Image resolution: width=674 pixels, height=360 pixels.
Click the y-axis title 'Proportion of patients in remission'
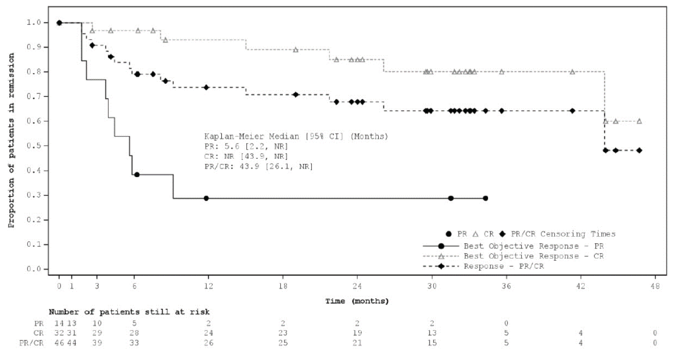click(x=11, y=140)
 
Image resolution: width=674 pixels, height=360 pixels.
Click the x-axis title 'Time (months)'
click(x=357, y=301)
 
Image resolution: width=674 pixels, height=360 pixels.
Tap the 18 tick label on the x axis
click(x=283, y=286)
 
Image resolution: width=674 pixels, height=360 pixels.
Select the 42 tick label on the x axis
click(x=581, y=286)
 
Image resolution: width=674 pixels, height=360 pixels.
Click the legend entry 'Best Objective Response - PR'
click(x=533, y=246)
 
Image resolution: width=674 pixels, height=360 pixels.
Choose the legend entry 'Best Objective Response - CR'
click(x=533, y=256)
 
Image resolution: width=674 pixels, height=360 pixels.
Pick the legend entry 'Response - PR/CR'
click(x=504, y=266)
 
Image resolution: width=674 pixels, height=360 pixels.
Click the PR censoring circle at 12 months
click(x=206, y=198)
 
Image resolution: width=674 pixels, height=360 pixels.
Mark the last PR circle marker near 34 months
click(x=485, y=198)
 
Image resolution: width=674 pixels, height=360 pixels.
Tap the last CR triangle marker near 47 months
click(x=639, y=121)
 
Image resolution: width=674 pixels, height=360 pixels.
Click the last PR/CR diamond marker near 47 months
click(x=639, y=150)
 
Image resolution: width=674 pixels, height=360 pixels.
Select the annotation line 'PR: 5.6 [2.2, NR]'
click(x=245, y=146)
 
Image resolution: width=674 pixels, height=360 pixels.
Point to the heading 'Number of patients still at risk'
click(x=129, y=312)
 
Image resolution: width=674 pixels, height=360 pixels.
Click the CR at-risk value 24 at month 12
click(x=208, y=333)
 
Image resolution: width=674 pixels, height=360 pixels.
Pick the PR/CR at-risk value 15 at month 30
click(x=432, y=343)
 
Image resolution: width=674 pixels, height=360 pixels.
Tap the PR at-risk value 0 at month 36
click(x=506, y=323)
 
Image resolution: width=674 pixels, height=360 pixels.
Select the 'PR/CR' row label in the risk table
click(x=32, y=343)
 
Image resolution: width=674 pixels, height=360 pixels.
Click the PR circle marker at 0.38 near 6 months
click(x=137, y=174)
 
